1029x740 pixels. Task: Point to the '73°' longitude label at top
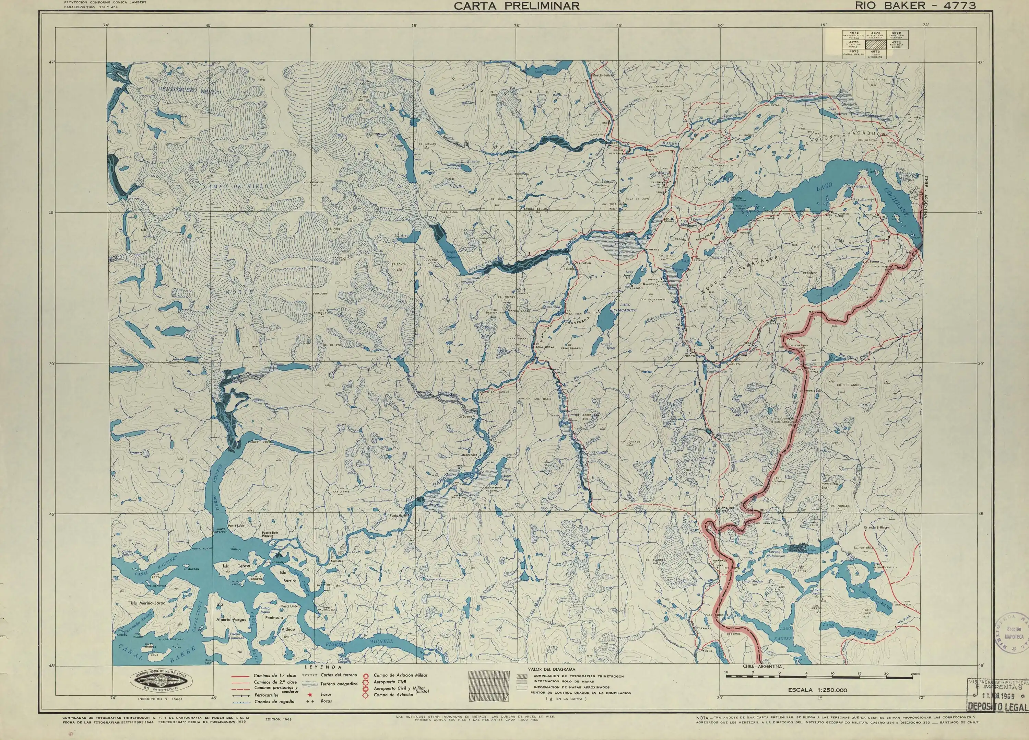pos(517,25)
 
